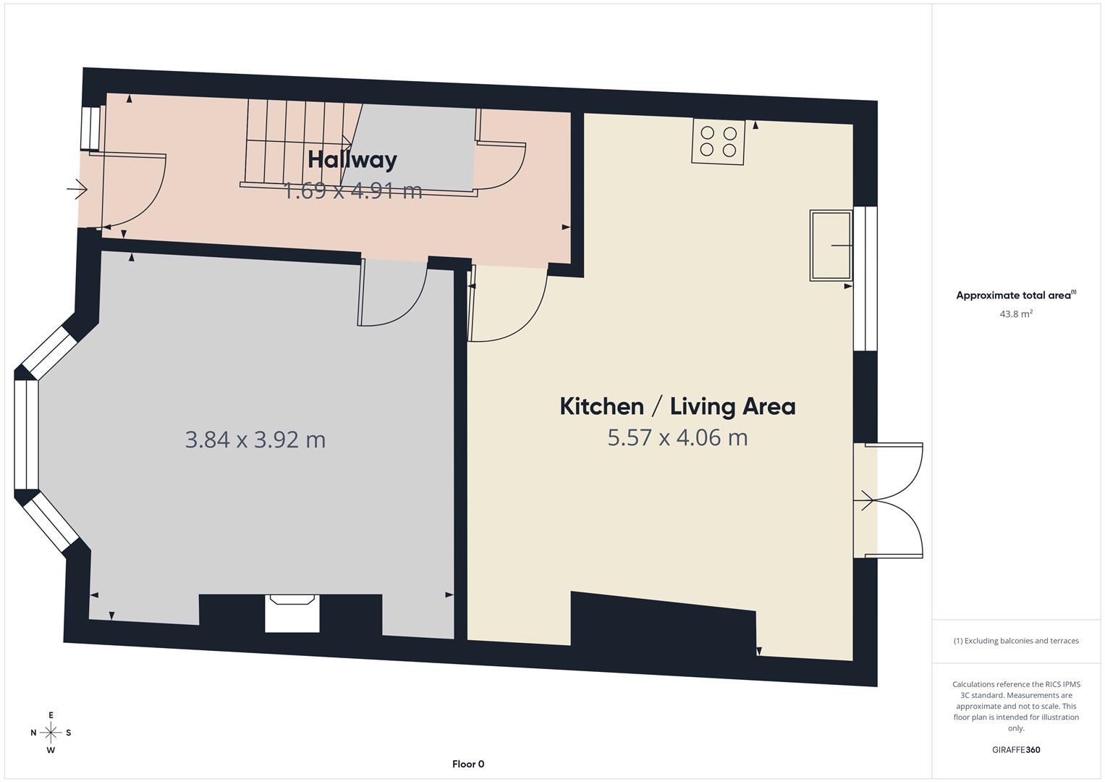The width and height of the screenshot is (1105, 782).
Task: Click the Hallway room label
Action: point(352,159)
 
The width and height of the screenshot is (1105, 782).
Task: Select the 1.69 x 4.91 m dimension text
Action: point(352,191)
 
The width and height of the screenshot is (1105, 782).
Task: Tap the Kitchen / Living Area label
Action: point(677,406)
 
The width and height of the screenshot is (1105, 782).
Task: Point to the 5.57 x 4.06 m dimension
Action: point(677,438)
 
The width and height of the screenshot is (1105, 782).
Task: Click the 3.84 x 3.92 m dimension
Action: point(255,440)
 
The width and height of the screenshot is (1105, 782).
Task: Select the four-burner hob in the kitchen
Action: point(718,141)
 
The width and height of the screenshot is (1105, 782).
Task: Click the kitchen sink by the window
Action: point(831,245)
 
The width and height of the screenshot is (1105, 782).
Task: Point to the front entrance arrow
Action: point(77,190)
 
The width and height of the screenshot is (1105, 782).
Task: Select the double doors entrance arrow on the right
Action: point(864,500)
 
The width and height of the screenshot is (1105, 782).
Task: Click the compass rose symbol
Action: point(51,733)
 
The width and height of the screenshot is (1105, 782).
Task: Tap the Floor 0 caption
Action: point(468,764)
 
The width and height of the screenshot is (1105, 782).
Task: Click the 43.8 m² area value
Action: point(1016,314)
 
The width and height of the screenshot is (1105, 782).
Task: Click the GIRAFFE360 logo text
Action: point(1015,750)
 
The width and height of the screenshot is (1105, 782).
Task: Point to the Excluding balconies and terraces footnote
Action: point(1015,641)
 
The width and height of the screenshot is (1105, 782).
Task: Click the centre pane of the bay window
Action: point(26,434)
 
